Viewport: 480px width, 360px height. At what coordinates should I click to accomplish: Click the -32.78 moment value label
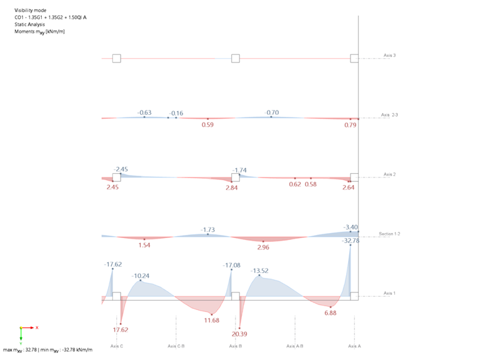351,241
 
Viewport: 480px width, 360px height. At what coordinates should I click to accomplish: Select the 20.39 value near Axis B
239,334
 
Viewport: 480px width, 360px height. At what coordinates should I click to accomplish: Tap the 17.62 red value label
120,330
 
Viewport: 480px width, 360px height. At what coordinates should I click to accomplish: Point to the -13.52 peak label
260,271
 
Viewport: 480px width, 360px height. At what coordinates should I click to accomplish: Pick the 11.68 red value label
212,320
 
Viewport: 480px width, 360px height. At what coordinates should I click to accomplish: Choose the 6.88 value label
330,313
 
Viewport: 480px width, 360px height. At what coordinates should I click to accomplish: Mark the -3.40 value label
351,227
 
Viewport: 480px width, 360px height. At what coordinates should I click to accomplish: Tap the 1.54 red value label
144,244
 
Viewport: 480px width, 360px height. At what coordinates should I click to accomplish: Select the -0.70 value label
272,112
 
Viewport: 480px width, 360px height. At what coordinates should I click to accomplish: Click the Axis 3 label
390,56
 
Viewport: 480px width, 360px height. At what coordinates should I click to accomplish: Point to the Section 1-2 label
390,234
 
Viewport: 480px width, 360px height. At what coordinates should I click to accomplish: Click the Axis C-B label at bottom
176,346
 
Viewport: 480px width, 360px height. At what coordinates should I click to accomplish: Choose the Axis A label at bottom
354,346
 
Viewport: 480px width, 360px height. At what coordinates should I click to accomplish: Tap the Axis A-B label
295,346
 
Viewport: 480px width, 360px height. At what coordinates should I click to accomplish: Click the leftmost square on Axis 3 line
116,58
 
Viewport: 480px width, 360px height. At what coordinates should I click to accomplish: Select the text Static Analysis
30,24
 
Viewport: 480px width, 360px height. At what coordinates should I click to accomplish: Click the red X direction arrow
30,328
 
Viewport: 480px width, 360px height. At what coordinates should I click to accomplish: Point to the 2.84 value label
231,188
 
